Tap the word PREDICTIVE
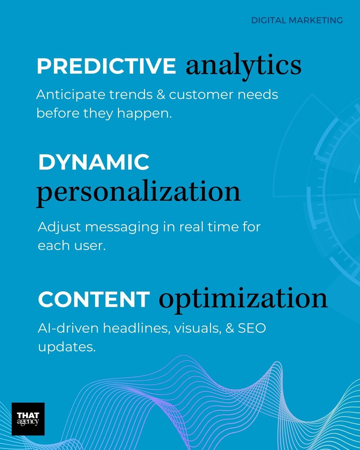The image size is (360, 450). coord(106,66)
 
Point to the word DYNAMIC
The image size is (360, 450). coord(94,162)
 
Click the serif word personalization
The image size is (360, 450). coord(138,191)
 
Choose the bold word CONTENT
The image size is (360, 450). coord(94,299)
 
